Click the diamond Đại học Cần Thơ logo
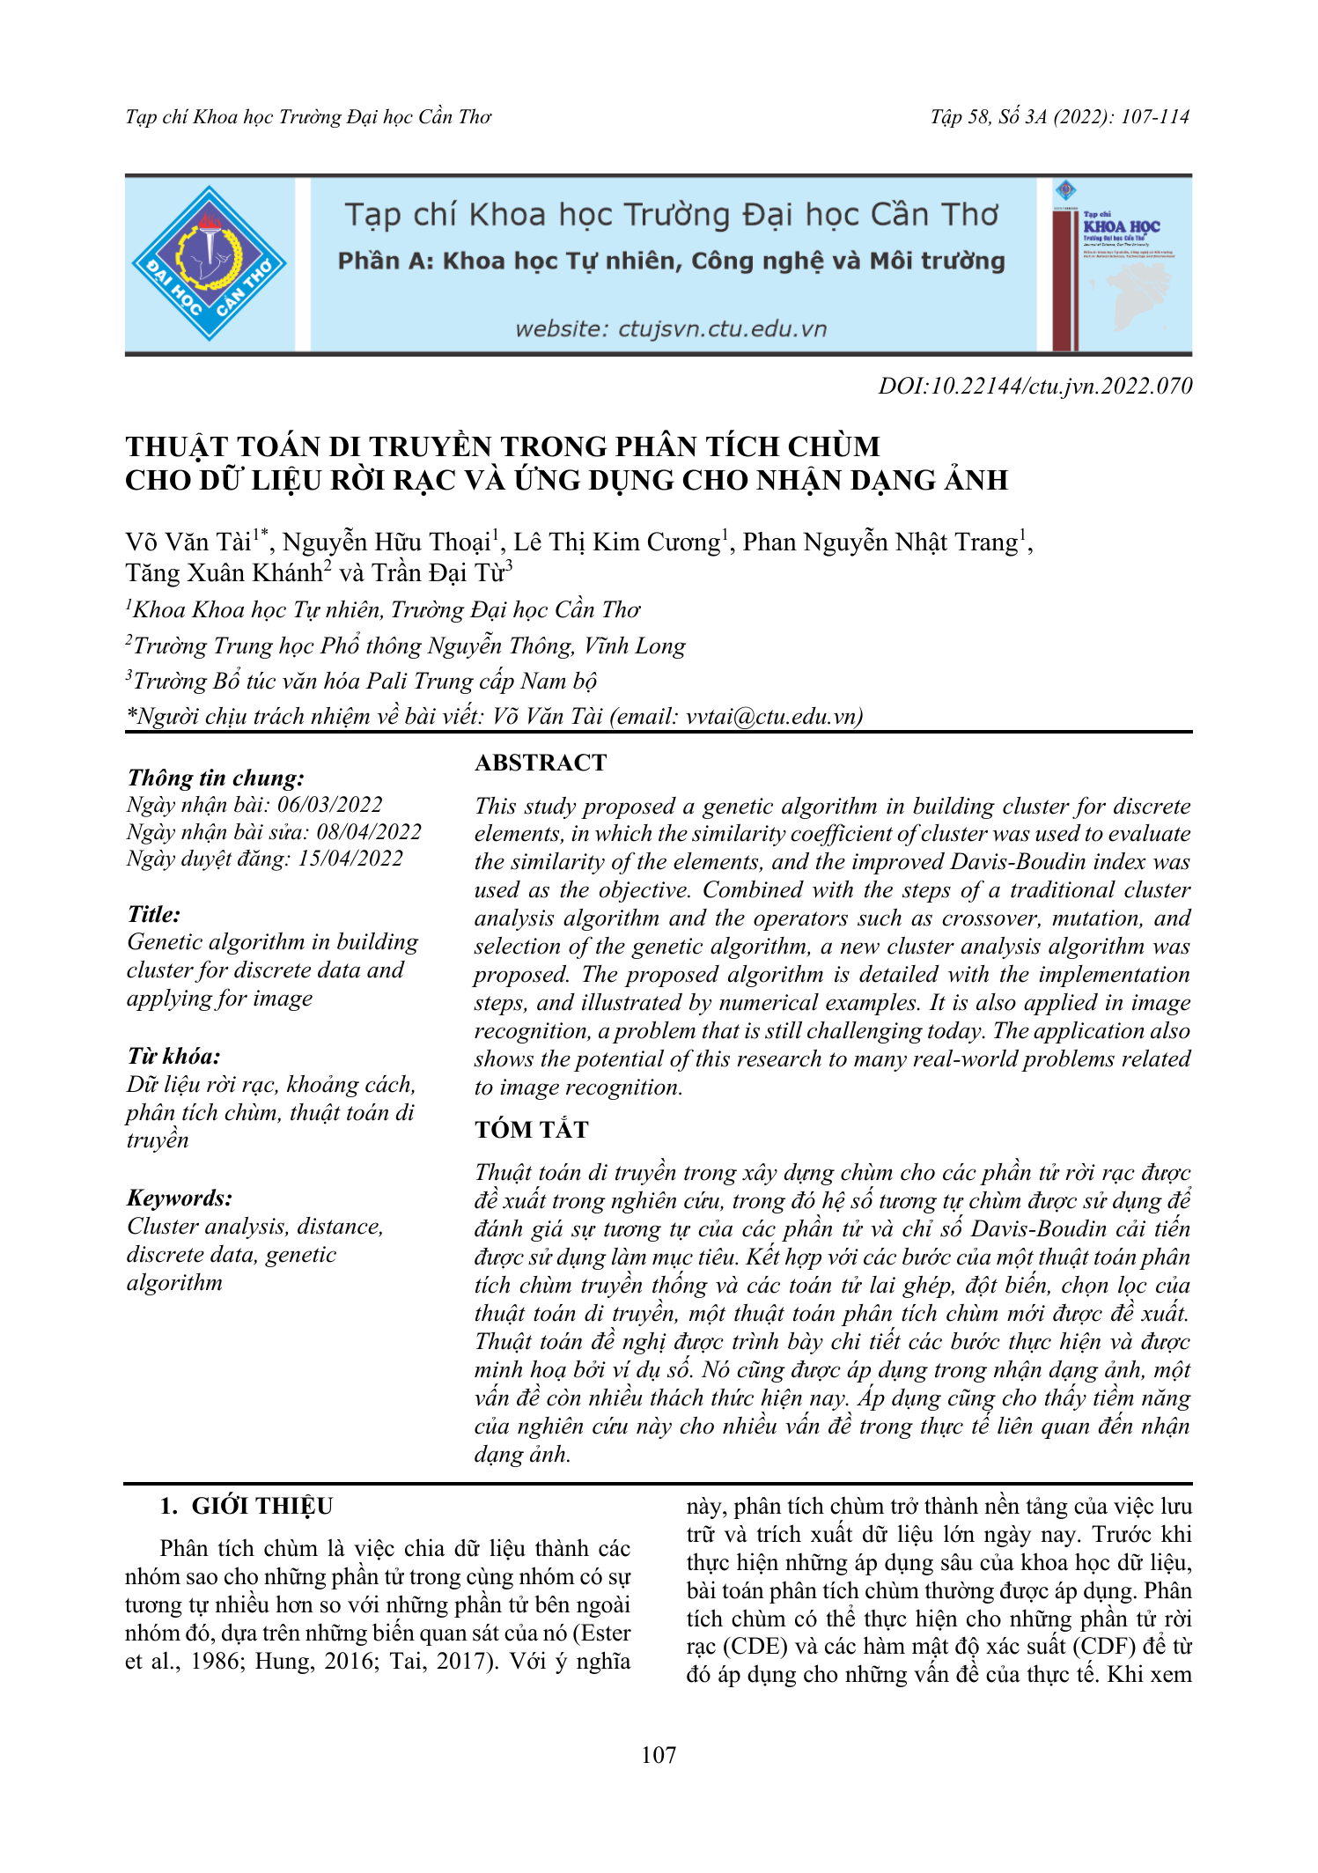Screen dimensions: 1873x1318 209,263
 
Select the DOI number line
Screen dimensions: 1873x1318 1035,386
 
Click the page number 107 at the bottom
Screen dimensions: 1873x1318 659,1755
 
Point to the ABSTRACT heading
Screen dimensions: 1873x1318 541,763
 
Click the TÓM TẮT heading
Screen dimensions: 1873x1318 531,1129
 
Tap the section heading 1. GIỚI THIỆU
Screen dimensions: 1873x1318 247,1506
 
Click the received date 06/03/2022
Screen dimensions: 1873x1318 330,804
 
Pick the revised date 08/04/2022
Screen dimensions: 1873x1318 368,831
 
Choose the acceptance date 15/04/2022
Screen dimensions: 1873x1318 350,859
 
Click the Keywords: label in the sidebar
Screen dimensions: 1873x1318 180,1198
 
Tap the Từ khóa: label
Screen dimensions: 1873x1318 173,1056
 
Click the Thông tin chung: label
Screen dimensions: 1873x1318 216,778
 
